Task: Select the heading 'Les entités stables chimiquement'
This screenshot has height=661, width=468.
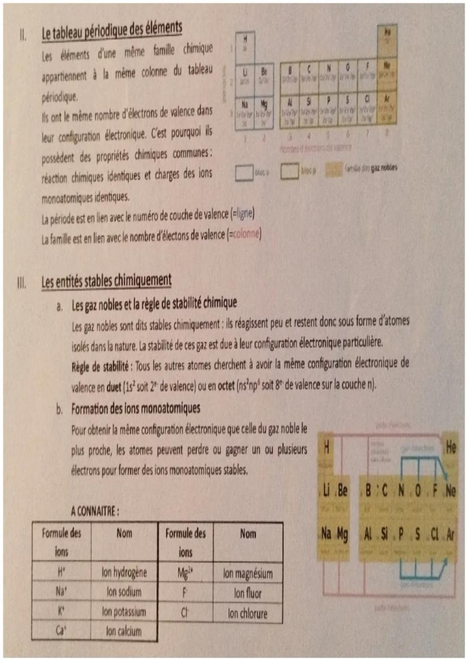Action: pos(106,280)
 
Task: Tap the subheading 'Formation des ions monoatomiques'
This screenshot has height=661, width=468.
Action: pos(136,408)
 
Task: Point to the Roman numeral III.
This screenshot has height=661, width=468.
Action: pos(23,282)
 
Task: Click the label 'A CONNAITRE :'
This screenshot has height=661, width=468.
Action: pos(94,511)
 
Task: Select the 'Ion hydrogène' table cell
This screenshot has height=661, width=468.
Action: pos(124,572)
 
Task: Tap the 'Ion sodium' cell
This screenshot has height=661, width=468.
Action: pos(124,592)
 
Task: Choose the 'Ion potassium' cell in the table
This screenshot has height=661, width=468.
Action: pos(124,611)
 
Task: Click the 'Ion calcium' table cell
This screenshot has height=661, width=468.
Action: pos(124,631)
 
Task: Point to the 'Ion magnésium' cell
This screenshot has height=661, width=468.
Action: pos(248,574)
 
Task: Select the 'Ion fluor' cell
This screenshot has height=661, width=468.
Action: pos(248,593)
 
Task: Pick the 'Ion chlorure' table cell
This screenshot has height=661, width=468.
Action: pos(248,613)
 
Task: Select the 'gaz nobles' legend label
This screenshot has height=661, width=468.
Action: pos(382,169)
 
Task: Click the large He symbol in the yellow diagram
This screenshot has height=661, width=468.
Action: pos(450,448)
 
